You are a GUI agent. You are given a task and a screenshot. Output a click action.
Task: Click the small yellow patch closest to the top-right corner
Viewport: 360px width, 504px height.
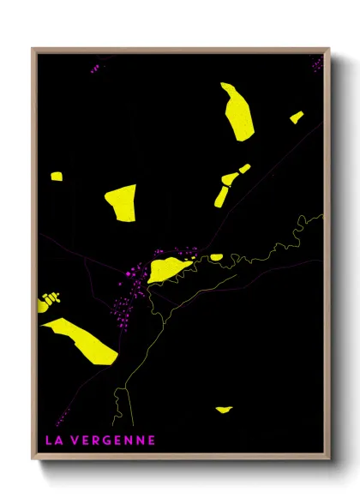pyautogui.click(x=297, y=117)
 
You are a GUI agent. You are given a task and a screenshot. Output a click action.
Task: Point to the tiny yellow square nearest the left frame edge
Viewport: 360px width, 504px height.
pyautogui.click(x=56, y=177)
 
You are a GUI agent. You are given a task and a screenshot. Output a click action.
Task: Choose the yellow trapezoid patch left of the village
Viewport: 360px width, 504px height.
pyautogui.click(x=122, y=202)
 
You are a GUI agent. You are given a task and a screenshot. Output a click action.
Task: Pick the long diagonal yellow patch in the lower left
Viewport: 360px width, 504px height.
pyautogui.click(x=81, y=340)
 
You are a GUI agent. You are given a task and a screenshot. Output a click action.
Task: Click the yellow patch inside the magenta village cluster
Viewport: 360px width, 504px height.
pyautogui.click(x=170, y=268)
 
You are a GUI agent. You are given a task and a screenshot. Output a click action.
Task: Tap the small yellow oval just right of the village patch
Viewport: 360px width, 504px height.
pyautogui.click(x=216, y=256)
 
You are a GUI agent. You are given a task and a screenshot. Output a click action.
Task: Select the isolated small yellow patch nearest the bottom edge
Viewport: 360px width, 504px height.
pyautogui.click(x=223, y=409)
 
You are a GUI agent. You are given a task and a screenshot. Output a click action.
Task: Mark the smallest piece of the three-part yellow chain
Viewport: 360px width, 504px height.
pyautogui.click(x=244, y=169)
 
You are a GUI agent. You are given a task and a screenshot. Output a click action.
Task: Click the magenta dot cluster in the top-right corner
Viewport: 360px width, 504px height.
pyautogui.click(x=317, y=63)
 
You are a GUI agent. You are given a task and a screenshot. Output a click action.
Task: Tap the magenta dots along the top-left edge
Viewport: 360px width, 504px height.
pyautogui.click(x=93, y=68)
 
